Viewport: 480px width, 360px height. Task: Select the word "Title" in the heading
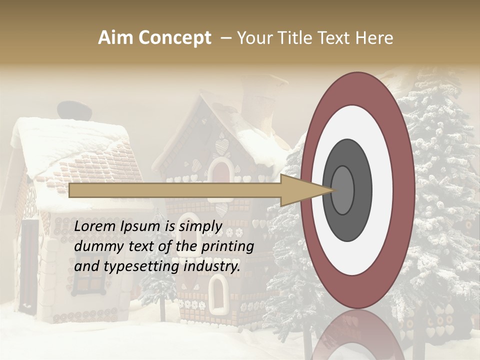click(293, 38)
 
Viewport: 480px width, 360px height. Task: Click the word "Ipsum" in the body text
click(141, 226)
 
